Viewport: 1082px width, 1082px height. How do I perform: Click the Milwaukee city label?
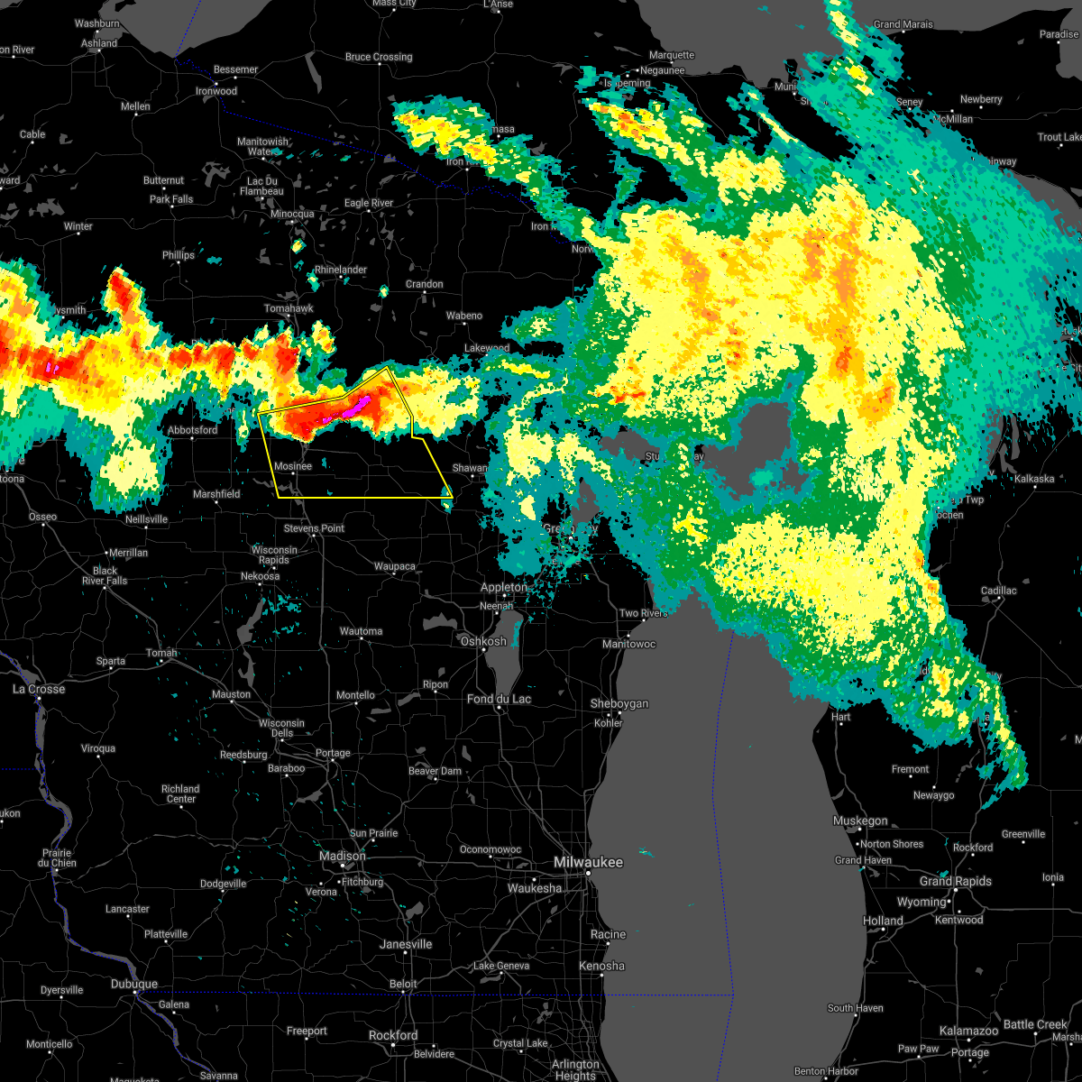coord(588,863)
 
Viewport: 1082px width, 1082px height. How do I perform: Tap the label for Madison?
coord(343,856)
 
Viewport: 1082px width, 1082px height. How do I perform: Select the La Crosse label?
coord(39,689)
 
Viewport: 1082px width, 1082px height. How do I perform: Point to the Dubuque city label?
coord(133,984)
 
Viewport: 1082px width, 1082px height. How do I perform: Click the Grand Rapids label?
coord(956,881)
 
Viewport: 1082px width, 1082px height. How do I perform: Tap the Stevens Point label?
coord(314,528)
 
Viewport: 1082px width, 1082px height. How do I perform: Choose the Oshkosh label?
coord(483,641)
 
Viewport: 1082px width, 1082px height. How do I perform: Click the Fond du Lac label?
coord(499,699)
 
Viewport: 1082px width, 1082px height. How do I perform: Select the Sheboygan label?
coord(619,703)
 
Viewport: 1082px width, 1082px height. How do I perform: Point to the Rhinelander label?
coord(341,270)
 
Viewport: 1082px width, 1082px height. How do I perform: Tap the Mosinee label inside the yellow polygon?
coord(293,466)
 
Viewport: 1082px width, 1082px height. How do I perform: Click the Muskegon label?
coord(860,821)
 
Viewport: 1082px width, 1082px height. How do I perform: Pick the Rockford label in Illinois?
coord(393,1035)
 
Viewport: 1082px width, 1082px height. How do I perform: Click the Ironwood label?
coord(216,91)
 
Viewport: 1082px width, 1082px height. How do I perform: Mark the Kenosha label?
coord(601,966)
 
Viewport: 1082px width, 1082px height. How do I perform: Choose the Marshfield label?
coord(216,494)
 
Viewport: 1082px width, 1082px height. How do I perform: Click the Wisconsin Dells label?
coord(281,728)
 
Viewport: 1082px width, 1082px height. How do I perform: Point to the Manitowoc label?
coord(628,644)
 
